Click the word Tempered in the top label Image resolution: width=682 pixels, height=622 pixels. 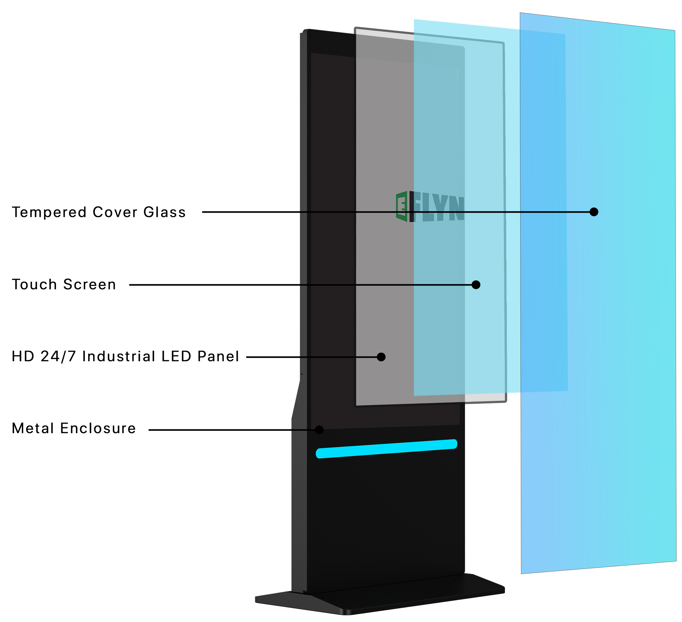49,213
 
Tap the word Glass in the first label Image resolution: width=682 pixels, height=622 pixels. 165,213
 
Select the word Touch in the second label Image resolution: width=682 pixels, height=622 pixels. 34,285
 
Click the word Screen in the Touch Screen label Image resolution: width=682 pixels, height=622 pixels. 90,285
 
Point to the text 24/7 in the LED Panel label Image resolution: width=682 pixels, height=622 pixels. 58,357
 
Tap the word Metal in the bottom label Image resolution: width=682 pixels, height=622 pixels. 33,429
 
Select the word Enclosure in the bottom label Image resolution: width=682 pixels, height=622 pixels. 98,429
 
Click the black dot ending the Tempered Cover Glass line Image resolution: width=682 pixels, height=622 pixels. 594,212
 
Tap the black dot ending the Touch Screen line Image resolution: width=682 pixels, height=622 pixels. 476,285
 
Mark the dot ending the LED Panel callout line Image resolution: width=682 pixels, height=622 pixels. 381,357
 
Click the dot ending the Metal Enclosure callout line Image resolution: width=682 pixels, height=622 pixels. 319,430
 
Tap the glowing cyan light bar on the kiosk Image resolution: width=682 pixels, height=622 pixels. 386,449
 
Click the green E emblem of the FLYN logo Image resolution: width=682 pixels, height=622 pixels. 402,206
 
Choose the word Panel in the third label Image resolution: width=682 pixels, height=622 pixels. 218,357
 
